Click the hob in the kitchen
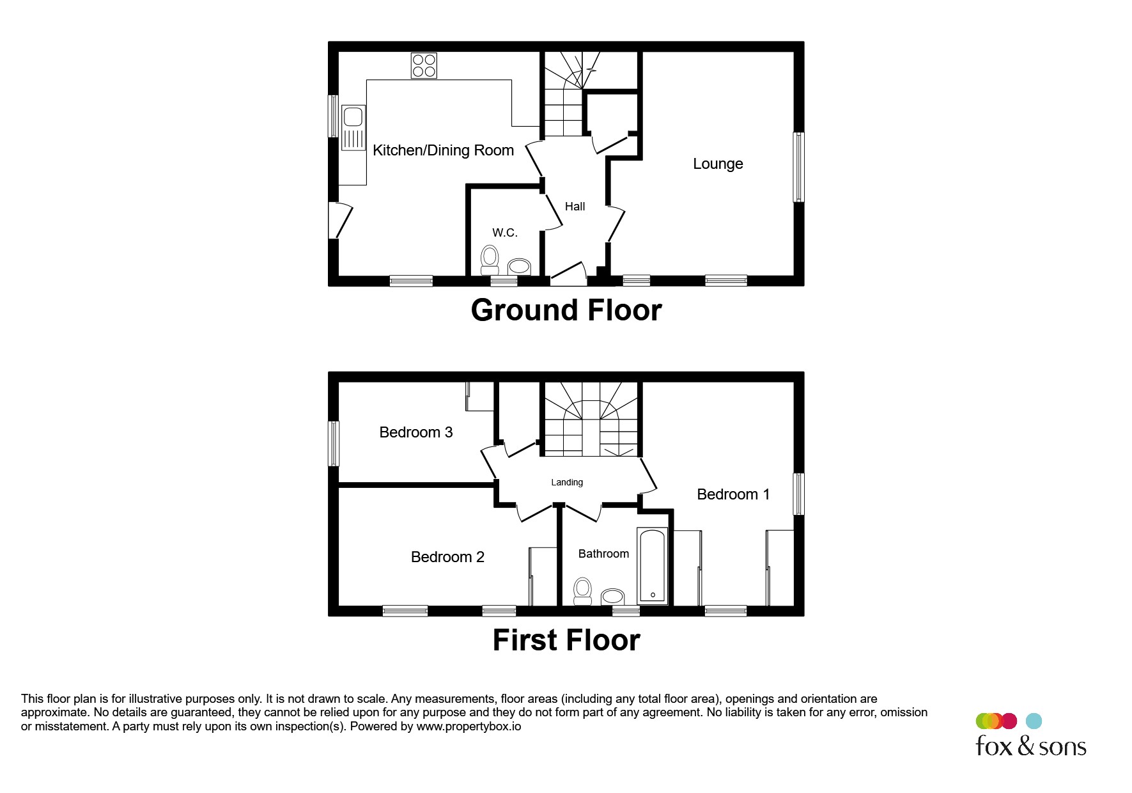point(424,65)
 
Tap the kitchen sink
point(353,128)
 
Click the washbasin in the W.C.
point(519,267)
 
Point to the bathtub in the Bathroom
point(653,567)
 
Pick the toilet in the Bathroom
point(582,591)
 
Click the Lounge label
point(718,164)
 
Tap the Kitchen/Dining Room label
point(443,150)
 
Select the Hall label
point(575,207)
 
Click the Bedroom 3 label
point(416,432)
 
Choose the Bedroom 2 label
point(447,557)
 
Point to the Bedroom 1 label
point(733,494)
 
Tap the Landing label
point(567,483)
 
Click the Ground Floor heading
point(566,310)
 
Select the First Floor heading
point(566,640)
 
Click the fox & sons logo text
point(1030,746)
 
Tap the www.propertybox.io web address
point(469,726)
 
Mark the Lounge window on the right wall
point(799,167)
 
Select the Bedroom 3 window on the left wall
point(334,443)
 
